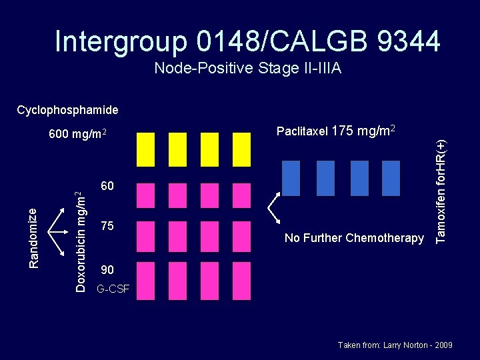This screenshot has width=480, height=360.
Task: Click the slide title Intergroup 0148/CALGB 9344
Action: coord(247,41)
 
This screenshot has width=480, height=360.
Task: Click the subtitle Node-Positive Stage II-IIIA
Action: coord(247,68)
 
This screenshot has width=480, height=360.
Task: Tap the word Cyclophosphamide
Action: coord(67,110)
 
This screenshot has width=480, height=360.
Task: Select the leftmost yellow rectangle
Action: coord(145,149)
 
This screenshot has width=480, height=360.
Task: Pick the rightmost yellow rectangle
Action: coord(241,149)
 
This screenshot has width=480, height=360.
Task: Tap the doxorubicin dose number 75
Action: coord(107,227)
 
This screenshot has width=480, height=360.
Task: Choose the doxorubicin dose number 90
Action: coord(107,270)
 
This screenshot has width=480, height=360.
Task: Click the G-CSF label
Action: coord(113,289)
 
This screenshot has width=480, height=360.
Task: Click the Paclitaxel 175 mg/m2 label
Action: coord(337,131)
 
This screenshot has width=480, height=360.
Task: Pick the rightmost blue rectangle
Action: coord(391,177)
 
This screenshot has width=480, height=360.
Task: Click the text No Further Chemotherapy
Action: coord(354,238)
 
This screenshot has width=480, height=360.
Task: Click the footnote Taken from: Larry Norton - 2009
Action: coord(395,345)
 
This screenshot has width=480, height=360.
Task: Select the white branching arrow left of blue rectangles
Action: coord(274,207)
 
